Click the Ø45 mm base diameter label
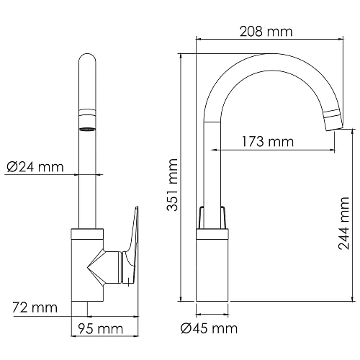(x=208, y=329)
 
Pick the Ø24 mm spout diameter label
(x=35, y=168)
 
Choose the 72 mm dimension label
(x=35, y=308)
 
